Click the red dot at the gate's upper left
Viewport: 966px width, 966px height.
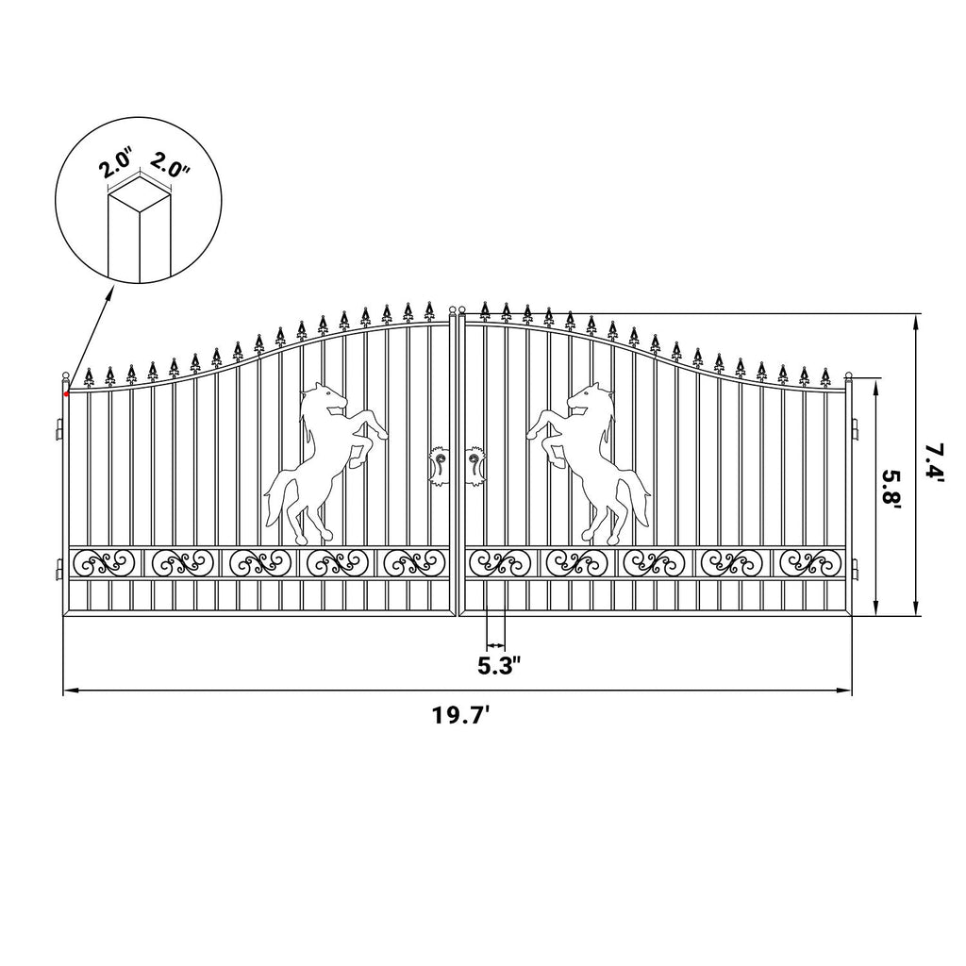[67, 392]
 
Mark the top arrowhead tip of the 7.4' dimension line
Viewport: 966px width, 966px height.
[916, 314]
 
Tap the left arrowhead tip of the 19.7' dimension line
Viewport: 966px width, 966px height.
[64, 691]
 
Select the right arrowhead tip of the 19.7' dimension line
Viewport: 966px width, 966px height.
[852, 691]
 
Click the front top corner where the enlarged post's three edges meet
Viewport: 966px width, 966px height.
[140, 213]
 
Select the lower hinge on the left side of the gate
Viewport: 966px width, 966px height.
[59, 569]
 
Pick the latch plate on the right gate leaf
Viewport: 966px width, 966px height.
[475, 466]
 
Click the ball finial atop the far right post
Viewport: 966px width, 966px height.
[848, 375]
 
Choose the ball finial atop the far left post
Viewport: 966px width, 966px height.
[65, 375]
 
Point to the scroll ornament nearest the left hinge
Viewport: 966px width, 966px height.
[104, 561]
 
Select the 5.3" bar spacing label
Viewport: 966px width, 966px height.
[500, 667]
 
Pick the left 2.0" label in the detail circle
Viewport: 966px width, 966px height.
[114, 165]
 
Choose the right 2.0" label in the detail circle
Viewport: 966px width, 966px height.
[170, 164]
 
